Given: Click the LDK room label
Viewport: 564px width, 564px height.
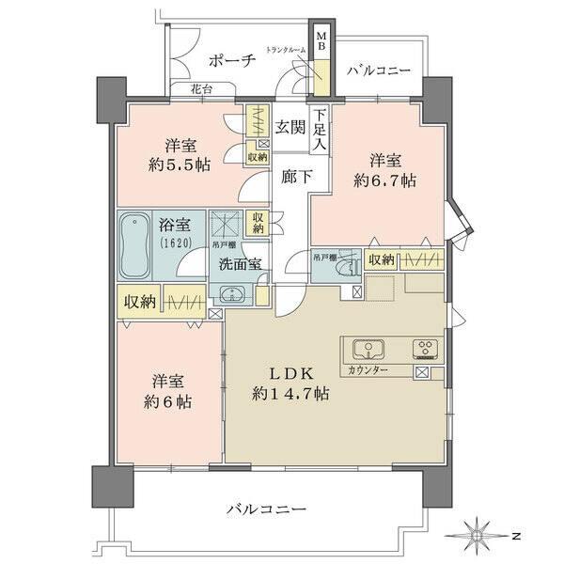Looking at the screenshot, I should pyautogui.click(x=289, y=372).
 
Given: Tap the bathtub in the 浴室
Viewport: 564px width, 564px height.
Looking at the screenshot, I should pyautogui.click(x=134, y=246).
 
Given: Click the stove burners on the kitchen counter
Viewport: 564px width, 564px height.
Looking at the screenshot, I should pyautogui.click(x=424, y=350).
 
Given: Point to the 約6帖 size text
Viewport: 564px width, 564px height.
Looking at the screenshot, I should pyautogui.click(x=169, y=401).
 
